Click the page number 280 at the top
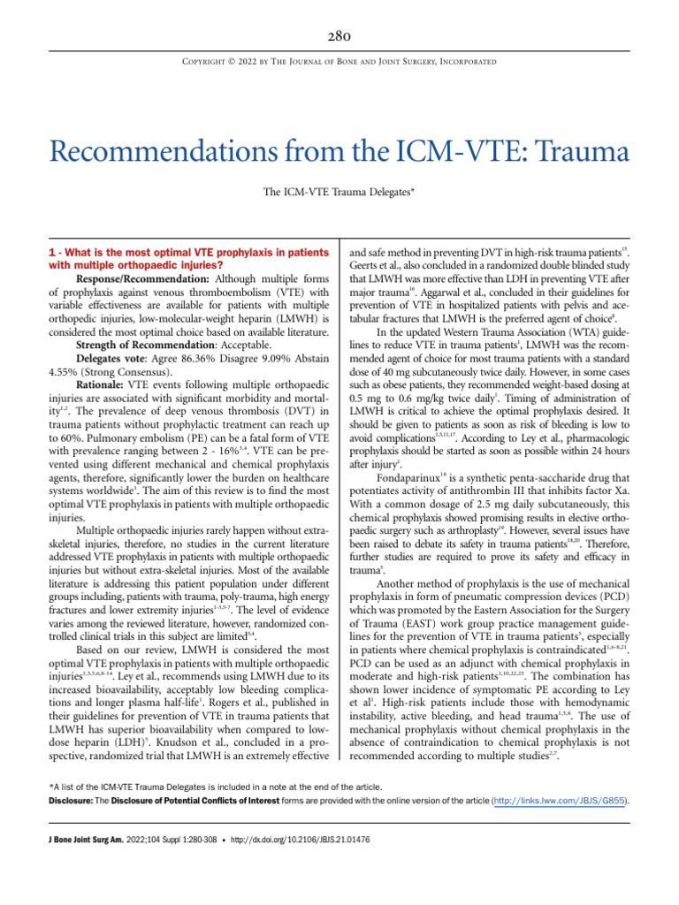339,36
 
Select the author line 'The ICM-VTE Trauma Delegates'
339,192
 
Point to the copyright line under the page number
339,62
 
